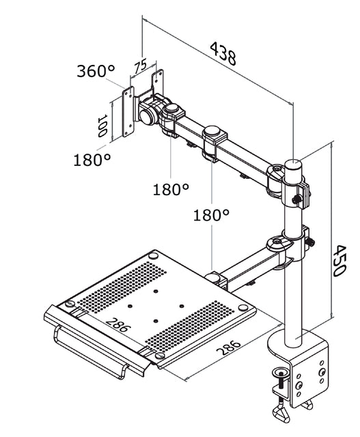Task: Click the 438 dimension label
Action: tap(223, 54)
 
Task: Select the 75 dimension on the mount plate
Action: tap(141, 66)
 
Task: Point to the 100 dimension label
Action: tap(102, 126)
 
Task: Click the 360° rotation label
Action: tap(95, 71)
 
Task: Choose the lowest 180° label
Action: tap(210, 215)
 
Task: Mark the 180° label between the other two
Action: tap(170, 189)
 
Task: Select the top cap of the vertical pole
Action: tap(293, 164)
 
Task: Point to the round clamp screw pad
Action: tap(280, 373)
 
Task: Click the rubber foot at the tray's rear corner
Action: tap(153, 255)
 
